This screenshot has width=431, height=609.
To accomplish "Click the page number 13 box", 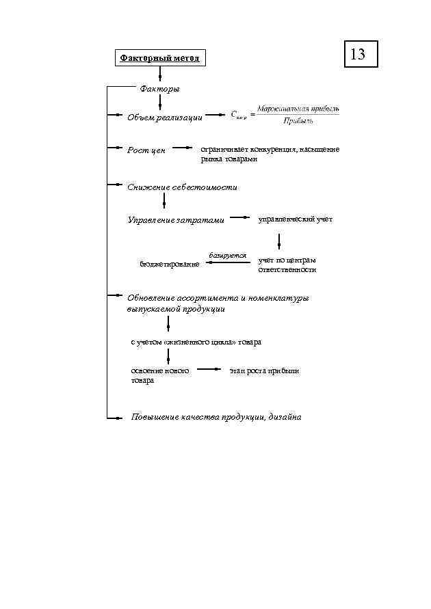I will pyautogui.click(x=358, y=53).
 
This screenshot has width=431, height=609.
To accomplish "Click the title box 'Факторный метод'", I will pyautogui.click(x=159, y=58).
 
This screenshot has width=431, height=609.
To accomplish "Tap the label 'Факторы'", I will pyautogui.click(x=159, y=89).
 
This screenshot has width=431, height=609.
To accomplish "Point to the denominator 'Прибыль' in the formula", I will pyautogui.click(x=298, y=121).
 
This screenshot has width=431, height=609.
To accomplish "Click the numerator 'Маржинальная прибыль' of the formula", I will pyautogui.click(x=298, y=109).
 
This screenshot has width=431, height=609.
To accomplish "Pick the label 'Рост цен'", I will pyautogui.click(x=146, y=150).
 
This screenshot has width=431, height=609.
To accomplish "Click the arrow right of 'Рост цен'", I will pyautogui.click(x=183, y=147).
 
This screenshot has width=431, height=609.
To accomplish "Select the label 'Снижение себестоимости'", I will pyautogui.click(x=182, y=187).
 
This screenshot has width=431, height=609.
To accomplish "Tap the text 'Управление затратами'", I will pyautogui.click(x=176, y=220).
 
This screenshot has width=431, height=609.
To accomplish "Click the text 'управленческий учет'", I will pyautogui.click(x=295, y=219).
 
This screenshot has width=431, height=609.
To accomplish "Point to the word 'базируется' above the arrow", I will pyautogui.click(x=228, y=255).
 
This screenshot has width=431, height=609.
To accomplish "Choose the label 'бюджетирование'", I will pyautogui.click(x=170, y=264).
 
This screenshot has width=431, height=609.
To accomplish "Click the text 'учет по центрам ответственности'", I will pyautogui.click(x=287, y=265).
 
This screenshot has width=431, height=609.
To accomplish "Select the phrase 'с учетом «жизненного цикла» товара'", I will pyautogui.click(x=196, y=342).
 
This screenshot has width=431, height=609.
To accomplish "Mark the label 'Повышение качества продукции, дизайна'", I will pyautogui.click(x=216, y=417).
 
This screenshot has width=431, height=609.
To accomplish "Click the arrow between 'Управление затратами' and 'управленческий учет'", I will pyautogui.click(x=239, y=217).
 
